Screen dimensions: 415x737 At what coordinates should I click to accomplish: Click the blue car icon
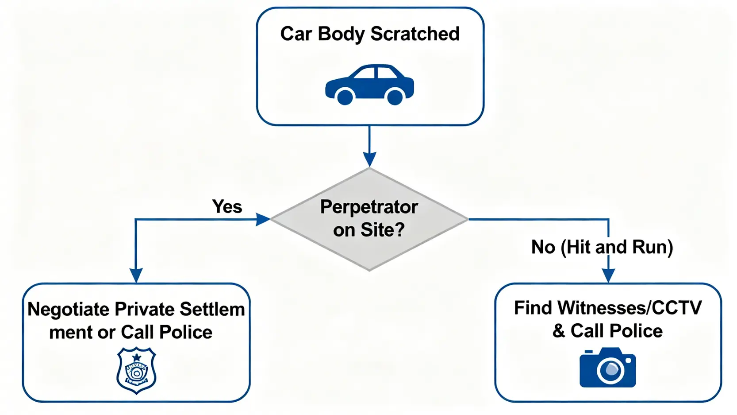point(369,85)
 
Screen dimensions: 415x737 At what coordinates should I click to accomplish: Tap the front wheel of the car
point(395,96)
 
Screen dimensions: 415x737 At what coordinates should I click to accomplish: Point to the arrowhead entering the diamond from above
point(369,159)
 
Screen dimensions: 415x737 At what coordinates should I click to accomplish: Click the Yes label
point(227,206)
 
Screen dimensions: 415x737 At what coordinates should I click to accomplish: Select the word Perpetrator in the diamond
point(369,207)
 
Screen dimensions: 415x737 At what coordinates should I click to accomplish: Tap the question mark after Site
point(399,229)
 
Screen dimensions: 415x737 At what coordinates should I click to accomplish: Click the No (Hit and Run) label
point(602,247)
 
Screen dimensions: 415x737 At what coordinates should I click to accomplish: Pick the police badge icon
point(136,370)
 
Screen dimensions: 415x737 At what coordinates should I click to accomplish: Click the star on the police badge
point(137,357)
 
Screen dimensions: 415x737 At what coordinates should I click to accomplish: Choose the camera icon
point(607,368)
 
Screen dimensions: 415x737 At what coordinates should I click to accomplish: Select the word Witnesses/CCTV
point(629,308)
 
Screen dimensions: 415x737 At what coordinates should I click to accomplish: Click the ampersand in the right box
point(559,331)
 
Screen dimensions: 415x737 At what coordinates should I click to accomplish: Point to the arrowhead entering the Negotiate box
point(136,275)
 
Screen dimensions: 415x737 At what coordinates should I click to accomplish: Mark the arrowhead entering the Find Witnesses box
point(608,275)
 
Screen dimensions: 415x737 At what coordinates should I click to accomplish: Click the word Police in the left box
point(186,332)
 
